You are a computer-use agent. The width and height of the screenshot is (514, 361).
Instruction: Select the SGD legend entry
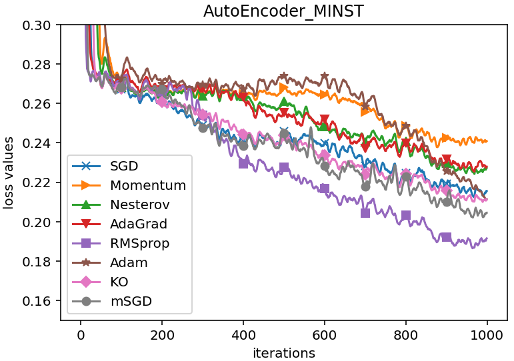point(124,166)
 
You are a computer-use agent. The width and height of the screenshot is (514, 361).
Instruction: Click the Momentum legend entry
point(148,185)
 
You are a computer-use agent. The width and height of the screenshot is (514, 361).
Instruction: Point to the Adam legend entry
point(130,262)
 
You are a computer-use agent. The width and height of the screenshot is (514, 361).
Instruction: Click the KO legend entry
point(120,282)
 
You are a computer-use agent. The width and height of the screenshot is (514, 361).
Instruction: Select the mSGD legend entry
point(131,301)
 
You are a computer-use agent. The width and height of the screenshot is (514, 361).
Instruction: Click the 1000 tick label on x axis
point(487,336)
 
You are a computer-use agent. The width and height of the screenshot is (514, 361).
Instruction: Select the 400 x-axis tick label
point(243,336)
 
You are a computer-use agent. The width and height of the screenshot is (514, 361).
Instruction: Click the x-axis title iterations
point(283,353)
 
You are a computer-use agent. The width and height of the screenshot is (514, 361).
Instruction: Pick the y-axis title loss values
point(9,172)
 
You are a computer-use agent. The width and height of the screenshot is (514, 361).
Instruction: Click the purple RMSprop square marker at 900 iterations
point(447,237)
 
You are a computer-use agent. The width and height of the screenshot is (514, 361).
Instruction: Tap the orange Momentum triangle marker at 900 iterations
point(447,138)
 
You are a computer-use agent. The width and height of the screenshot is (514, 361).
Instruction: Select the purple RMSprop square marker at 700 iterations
point(365,213)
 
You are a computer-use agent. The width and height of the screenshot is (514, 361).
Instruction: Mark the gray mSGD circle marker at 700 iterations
point(365,186)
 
